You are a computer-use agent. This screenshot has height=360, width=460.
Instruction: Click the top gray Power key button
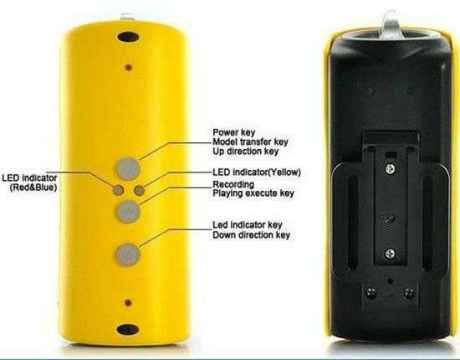click(x=128, y=169)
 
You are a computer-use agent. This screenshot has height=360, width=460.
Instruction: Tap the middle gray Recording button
click(x=128, y=212)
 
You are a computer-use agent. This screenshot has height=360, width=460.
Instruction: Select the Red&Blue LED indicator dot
click(x=118, y=190)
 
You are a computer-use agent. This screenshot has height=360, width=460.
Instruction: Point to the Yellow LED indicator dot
click(x=139, y=191)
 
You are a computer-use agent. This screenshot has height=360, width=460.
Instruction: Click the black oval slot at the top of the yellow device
click(x=128, y=37)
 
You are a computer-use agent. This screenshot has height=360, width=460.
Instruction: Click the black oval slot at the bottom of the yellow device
click(x=128, y=329)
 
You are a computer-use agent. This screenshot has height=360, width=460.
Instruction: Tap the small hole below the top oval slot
click(x=128, y=68)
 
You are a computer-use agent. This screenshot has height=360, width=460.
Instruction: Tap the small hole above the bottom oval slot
click(x=128, y=302)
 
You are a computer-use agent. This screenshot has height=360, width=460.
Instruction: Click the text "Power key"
click(x=234, y=132)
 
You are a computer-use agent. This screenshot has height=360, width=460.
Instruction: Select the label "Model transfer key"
click(x=250, y=141)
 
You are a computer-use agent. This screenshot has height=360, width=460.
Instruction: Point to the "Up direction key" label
click(x=245, y=152)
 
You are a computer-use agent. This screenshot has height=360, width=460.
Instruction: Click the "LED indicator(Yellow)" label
click(x=257, y=172)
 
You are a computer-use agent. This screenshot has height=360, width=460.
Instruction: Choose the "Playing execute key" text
click(x=253, y=193)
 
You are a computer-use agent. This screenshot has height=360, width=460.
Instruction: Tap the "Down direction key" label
click(x=252, y=235)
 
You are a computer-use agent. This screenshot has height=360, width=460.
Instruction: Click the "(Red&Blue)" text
click(x=33, y=188)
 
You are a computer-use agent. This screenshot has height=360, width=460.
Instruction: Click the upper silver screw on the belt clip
click(x=390, y=168)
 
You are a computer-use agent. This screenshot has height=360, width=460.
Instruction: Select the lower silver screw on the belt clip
click(x=390, y=253)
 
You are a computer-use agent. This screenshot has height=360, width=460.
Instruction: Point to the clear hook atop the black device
click(x=391, y=23)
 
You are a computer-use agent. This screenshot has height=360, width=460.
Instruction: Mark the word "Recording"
click(x=233, y=184)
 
